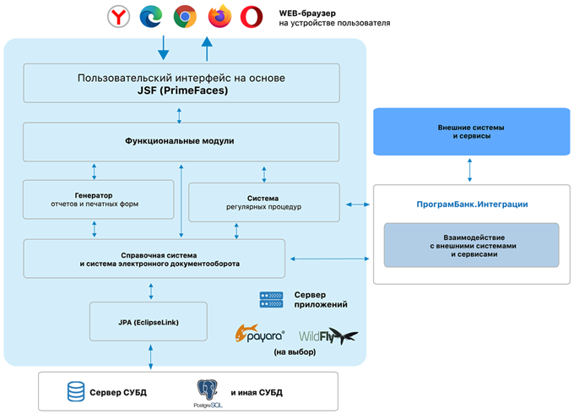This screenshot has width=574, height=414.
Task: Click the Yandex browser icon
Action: pyautogui.click(x=120, y=16)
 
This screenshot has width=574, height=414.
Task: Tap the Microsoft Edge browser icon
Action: pyautogui.click(x=153, y=16)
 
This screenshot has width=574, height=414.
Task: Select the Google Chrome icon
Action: pyautogui.click(x=185, y=16)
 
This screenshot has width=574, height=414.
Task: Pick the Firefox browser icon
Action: pyautogui.click(x=218, y=16)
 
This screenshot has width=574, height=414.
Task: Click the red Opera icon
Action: pyautogui.click(x=251, y=16)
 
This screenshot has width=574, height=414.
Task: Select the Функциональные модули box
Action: pyautogui.click(x=181, y=141)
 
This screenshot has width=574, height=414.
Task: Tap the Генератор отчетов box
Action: pyautogui.click(x=100, y=199)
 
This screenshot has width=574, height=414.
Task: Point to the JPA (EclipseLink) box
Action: pyautogui.click(x=147, y=322)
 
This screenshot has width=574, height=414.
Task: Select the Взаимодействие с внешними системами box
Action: pyautogui.click(x=470, y=244)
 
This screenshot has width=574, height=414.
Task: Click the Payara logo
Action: pyautogui.click(x=259, y=335)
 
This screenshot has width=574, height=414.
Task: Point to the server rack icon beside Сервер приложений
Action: pyautogui.click(x=271, y=298)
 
